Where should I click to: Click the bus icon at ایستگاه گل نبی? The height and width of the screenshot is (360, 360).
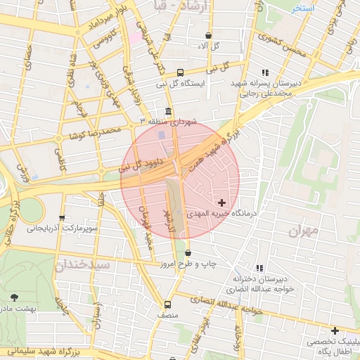[181, 72]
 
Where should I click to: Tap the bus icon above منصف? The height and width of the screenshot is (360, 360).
[167, 304]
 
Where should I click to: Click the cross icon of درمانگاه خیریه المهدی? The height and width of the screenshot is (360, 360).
[222, 202]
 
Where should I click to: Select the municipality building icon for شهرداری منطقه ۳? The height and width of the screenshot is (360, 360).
[168, 112]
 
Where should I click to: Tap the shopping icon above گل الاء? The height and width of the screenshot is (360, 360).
[208, 35]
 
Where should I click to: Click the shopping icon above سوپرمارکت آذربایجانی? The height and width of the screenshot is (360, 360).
[63, 218]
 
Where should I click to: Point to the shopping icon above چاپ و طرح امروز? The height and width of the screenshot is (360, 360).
[188, 253]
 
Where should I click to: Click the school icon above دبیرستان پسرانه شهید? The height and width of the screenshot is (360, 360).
[265, 72]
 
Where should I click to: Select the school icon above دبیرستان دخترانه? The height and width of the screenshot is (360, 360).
[260, 268]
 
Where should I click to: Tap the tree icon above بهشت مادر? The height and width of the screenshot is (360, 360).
[15, 298]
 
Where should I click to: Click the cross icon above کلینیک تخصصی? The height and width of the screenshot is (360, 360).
[335, 330]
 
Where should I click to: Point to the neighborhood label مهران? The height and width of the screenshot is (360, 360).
[304, 230]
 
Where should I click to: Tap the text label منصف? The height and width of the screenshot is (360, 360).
[167, 317]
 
